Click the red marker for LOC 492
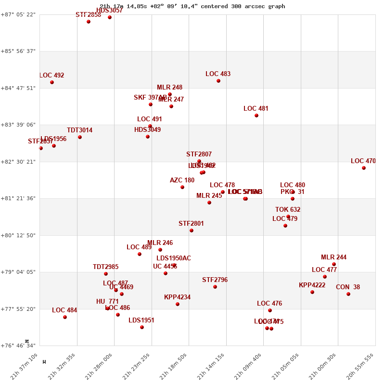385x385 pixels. (x=52, y=82)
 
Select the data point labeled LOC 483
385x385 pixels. (x=218, y=81)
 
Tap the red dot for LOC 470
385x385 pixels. (x=364, y=168)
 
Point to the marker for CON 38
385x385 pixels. (x=348, y=294)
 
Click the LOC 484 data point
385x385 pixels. (x=65, y=317)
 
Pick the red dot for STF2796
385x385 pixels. (x=215, y=287)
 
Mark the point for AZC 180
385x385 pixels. (x=182, y=187)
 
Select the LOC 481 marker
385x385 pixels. (x=257, y=115)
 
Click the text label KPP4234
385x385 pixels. (x=177, y=297)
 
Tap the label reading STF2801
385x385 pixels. (x=191, y=224)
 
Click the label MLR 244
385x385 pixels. (x=334, y=257)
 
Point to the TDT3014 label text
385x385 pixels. (x=80, y=130)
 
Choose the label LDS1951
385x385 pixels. (x=141, y=321)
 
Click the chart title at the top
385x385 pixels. (x=192, y=6)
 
